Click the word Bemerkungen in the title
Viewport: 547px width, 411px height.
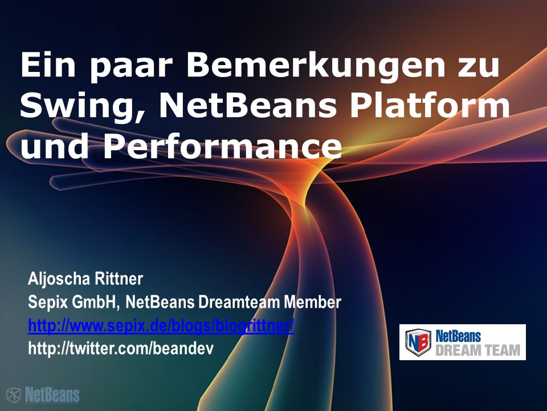(315, 66)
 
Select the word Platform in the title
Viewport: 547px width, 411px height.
(430, 106)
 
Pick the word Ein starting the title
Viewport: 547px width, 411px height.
(48, 65)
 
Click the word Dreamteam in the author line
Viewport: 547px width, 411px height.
(239, 302)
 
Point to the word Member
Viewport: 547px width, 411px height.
(312, 302)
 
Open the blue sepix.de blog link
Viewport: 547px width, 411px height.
(161, 326)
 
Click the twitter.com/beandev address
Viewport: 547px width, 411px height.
(121, 348)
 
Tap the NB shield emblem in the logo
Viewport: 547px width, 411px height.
(418, 342)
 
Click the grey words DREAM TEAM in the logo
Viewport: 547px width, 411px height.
(477, 350)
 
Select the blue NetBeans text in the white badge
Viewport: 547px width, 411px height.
(458, 336)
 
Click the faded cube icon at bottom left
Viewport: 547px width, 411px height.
(14, 395)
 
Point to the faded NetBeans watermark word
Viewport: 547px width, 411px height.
(52, 395)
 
